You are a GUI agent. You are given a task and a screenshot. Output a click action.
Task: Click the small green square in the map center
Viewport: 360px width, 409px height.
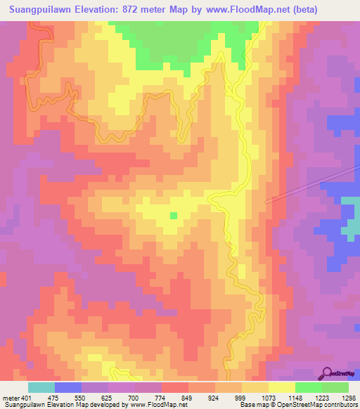pyautogui.click(x=173, y=215)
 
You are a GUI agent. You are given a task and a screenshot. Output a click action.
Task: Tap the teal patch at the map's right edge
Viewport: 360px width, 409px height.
pyautogui.click(x=349, y=219)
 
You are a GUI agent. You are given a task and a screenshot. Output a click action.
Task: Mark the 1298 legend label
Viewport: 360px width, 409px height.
pyautogui.click(x=348, y=397)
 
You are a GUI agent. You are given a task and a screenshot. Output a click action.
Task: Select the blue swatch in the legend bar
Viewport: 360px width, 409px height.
pyautogui.click(x=68, y=387)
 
